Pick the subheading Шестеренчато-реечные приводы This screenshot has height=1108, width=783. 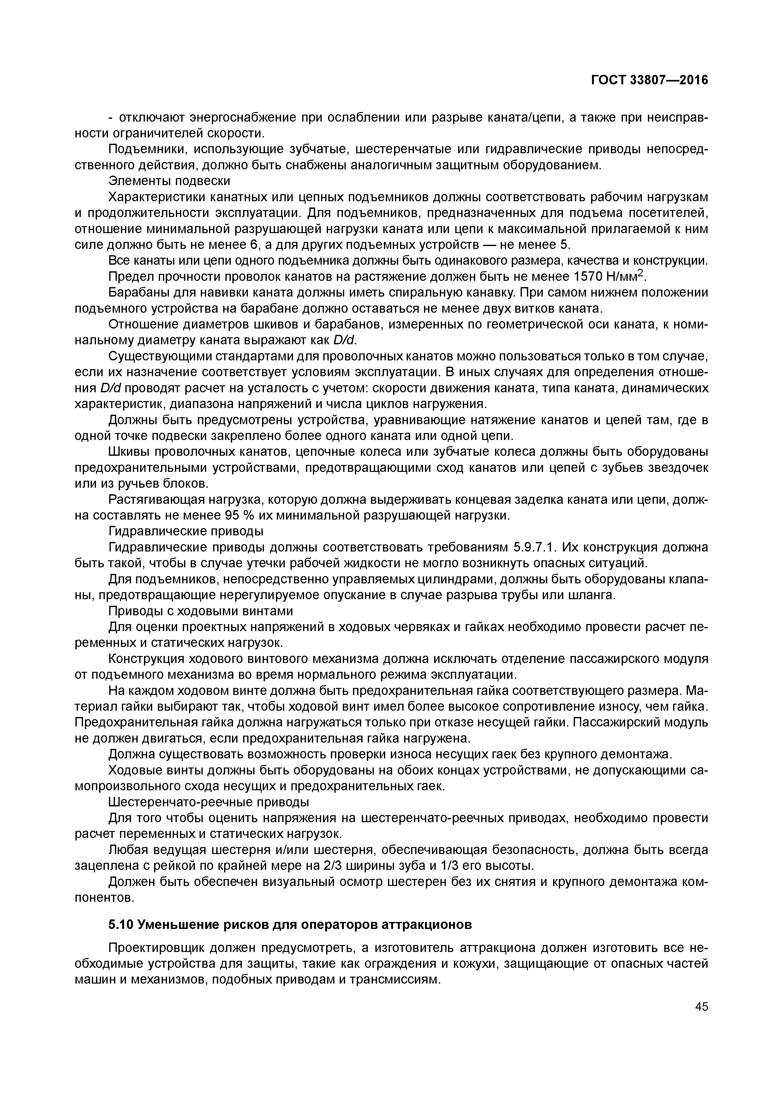click(208, 802)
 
